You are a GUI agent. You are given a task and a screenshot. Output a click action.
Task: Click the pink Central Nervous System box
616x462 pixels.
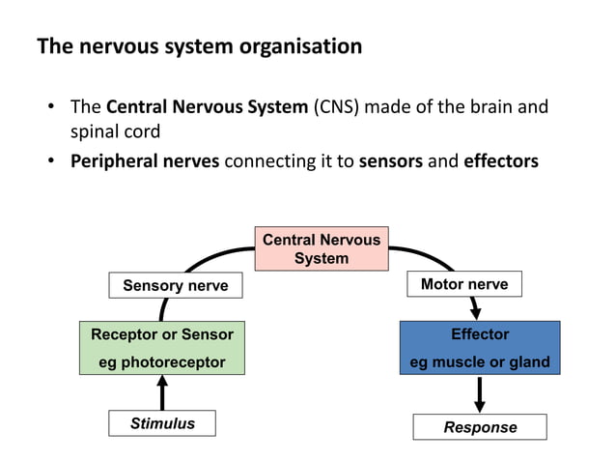pos(322,249)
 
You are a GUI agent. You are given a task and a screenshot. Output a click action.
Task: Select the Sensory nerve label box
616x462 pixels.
pos(175,286)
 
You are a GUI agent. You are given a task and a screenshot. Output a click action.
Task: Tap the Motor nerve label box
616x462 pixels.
pos(464,284)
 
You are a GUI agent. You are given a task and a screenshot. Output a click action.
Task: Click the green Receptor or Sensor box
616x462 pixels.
pos(162,348)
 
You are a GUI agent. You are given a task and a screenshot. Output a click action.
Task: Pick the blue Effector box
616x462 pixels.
pos(480,348)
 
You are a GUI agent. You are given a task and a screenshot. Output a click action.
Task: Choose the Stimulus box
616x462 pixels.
pos(162,423)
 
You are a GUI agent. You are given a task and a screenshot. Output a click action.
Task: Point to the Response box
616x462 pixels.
pos(480,427)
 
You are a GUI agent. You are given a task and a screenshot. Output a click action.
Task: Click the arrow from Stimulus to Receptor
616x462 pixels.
pos(162,392)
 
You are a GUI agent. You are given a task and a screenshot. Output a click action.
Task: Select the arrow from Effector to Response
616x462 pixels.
pos(480,394)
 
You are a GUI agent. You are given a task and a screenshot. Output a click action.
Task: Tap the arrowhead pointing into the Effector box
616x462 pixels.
pos(475,311)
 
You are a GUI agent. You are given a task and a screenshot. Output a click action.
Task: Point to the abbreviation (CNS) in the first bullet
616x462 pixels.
pos(338,106)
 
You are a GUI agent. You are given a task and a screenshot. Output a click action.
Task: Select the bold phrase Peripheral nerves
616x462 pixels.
pos(146,161)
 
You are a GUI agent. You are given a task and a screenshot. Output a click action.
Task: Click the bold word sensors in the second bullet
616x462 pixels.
pos(391,161)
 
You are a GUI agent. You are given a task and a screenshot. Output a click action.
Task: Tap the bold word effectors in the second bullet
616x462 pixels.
pos(501,161)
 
